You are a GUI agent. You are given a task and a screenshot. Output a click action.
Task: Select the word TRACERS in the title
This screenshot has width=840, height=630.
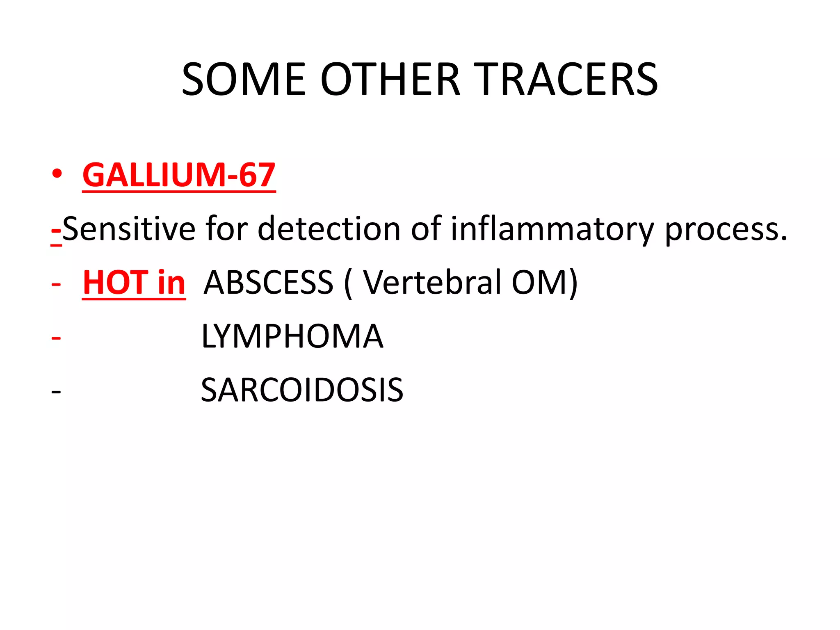coord(568,79)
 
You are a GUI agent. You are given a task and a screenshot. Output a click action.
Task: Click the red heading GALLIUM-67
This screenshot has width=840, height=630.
coord(179,175)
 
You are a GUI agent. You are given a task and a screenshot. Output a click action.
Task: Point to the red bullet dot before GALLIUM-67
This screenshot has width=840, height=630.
coord(57,174)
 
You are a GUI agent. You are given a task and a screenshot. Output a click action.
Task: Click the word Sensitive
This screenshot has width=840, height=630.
coord(129,228)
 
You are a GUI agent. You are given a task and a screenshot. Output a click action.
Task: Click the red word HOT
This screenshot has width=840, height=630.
coord(115,283)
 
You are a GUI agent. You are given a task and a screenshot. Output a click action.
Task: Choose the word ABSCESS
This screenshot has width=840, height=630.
coord(269,283)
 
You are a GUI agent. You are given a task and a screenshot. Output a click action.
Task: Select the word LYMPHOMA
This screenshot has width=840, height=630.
coord(292,336)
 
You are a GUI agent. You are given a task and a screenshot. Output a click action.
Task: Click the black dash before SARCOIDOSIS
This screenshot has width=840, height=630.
coord(56,392)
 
